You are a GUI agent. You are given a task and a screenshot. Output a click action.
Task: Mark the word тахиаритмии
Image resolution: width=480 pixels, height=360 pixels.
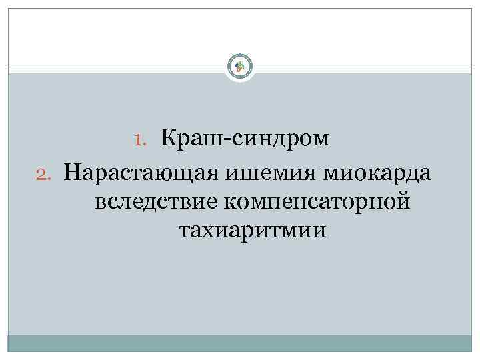click(x=253, y=231)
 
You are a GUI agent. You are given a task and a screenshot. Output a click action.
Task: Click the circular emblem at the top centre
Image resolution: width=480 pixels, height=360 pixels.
click(x=240, y=66)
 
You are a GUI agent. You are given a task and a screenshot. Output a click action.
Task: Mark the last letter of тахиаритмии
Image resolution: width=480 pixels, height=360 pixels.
click(x=322, y=231)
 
